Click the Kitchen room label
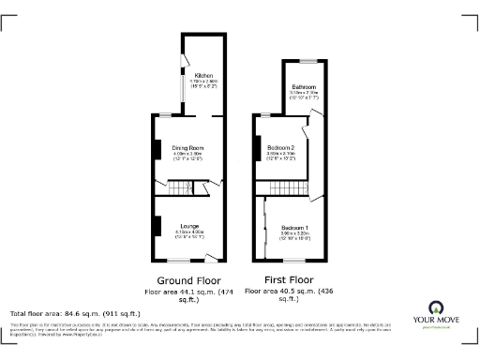203,75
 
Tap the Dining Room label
187,148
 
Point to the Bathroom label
303,87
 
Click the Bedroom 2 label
281,148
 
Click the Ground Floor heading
187,280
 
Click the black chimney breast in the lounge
157,226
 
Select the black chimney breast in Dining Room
157,149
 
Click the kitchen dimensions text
203,84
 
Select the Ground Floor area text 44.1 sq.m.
187,293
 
